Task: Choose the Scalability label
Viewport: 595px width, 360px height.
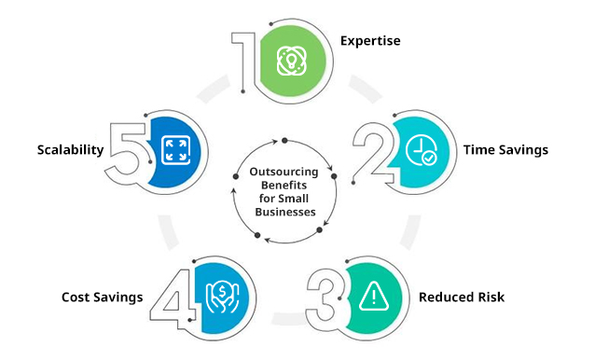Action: point(70,148)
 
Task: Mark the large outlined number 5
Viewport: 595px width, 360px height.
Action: point(127,148)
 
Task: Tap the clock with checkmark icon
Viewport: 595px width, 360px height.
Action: point(421,150)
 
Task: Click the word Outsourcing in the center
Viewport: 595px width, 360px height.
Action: point(284,172)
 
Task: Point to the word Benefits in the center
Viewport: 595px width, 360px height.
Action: point(284,186)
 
